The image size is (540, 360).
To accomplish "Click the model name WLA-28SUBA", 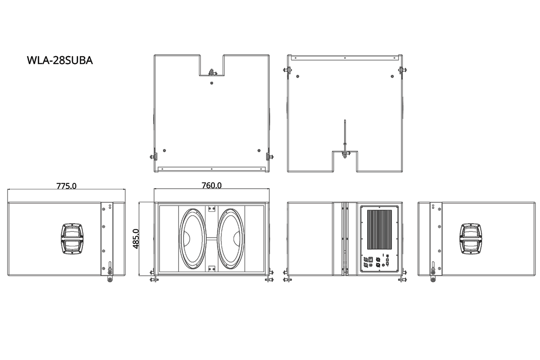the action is tap(60, 60).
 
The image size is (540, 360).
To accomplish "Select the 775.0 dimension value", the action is tap(66, 186).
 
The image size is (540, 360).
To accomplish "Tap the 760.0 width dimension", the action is tap(212, 185).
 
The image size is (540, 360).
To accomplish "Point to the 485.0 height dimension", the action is tap(136, 239).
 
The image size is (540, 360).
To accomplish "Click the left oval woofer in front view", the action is tap(192, 239).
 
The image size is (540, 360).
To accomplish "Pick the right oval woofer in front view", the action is tap(231, 239).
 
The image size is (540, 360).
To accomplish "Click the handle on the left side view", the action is tap(72, 239).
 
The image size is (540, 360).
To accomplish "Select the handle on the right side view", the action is tap(471, 239).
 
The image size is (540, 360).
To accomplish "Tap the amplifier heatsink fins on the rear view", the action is tap(379, 230).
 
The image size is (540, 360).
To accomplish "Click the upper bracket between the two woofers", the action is tap(212, 209).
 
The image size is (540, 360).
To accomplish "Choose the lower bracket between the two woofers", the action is tap(212, 269).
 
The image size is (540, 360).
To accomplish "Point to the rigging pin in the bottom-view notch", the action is tap(345, 154).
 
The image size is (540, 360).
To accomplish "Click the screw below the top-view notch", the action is tap(212, 83).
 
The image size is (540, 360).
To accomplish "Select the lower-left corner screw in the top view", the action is tap(164, 150).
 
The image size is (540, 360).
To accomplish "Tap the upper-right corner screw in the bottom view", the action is tap(392, 76).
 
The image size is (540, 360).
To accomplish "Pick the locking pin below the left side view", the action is tap(110, 280).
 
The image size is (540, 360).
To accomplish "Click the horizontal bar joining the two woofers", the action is tap(212, 239).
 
